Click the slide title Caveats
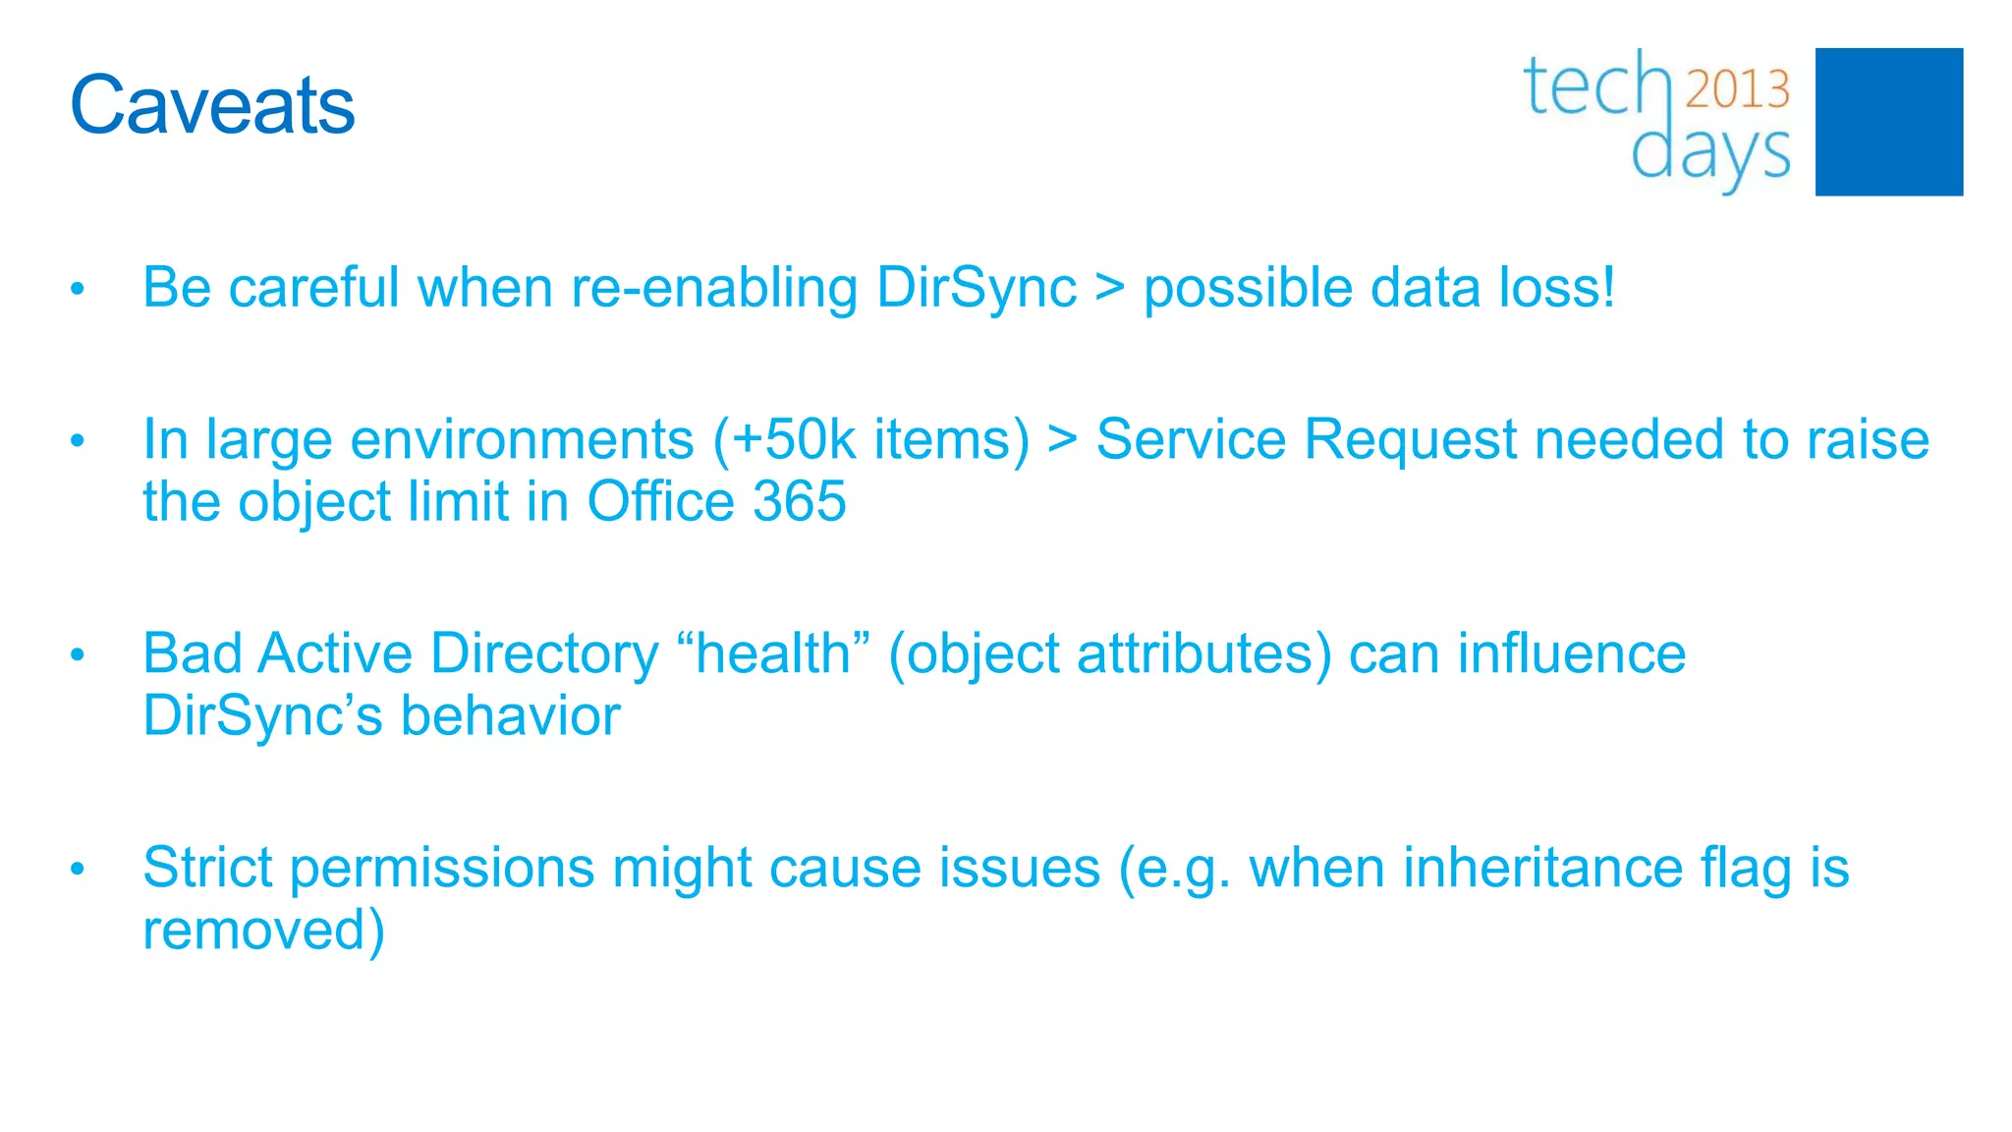(x=212, y=105)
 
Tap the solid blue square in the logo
(x=1888, y=122)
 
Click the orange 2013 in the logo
(x=1737, y=89)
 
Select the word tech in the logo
(x=1597, y=86)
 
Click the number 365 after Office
(x=799, y=502)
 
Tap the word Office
(x=660, y=502)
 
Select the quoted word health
(x=773, y=653)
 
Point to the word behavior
(x=510, y=715)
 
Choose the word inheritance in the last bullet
(x=1542, y=868)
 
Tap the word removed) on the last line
(x=263, y=930)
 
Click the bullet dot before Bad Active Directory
(x=78, y=654)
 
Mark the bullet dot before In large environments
(x=78, y=441)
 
